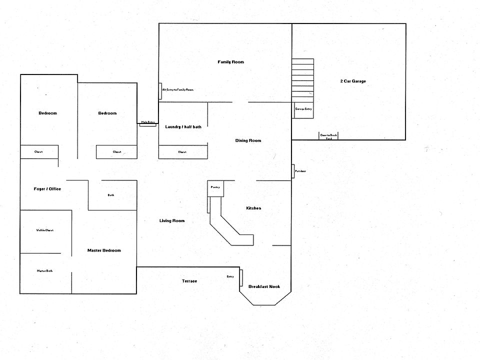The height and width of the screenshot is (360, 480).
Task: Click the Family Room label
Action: point(230,62)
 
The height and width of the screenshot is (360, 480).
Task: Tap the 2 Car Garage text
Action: point(353,81)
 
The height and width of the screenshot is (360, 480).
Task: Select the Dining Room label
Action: point(248,140)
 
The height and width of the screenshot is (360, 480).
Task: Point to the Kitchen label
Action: point(253,208)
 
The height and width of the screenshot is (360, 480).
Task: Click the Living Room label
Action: point(172,221)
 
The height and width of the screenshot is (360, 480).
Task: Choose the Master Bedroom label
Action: point(104,250)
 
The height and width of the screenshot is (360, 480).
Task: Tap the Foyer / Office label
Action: point(47,189)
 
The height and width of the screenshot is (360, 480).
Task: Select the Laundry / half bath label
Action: point(183,127)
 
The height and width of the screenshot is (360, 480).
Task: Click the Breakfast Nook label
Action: point(264,286)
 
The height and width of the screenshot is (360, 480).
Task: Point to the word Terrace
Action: point(189,281)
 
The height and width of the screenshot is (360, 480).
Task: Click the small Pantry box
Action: point(215,188)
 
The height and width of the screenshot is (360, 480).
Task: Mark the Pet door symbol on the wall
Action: point(293,171)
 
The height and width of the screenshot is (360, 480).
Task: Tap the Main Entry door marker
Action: point(147,122)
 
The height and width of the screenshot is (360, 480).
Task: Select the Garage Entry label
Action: point(303,108)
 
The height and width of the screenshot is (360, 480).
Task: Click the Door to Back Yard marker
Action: point(328,136)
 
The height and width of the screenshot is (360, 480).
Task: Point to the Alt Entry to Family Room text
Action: point(177,89)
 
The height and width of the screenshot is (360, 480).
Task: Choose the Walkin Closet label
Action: point(44,230)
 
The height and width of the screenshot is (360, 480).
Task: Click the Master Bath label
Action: point(44,271)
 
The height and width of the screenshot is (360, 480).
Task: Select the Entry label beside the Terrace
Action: point(230,276)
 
